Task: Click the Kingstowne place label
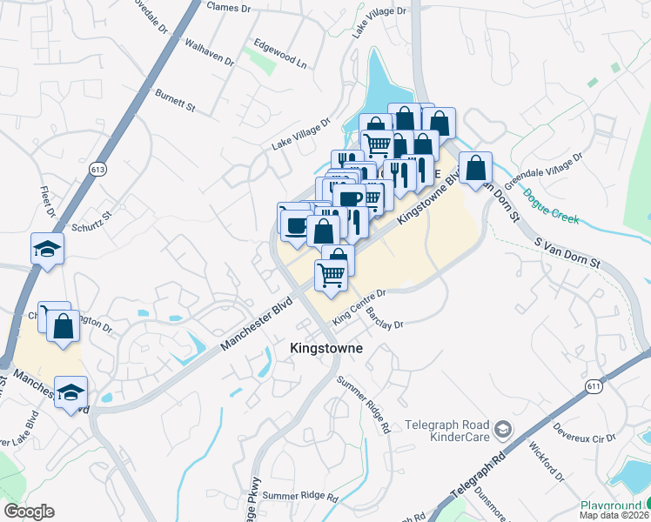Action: [x=325, y=348]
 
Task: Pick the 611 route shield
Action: [x=594, y=385]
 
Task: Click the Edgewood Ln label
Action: [x=280, y=52]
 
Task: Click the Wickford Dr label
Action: [x=541, y=458]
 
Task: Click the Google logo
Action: [x=29, y=512]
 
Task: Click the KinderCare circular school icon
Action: [x=502, y=428]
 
